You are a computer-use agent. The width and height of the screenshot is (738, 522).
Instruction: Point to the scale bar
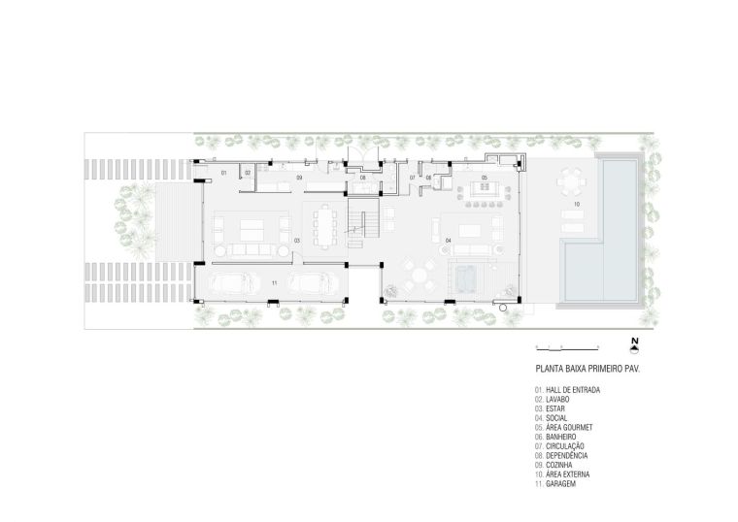coord(567,348)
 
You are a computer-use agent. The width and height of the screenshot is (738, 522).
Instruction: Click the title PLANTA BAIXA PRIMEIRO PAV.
coord(587,369)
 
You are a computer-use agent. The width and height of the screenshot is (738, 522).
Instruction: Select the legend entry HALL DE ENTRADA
coord(567,390)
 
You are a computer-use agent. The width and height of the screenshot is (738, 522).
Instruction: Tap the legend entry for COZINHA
coord(553,465)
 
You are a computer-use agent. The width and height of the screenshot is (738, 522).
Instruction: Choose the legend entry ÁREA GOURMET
coord(563,428)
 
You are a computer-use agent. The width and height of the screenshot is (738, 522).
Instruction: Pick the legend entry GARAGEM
coord(554,484)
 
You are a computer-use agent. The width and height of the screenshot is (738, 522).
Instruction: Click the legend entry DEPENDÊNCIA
coord(561,456)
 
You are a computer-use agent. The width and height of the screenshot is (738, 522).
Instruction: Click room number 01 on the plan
coord(224,173)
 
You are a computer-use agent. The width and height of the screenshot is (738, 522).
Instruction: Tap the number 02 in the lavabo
coord(248,173)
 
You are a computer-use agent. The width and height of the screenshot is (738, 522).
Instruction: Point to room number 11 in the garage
coord(275,283)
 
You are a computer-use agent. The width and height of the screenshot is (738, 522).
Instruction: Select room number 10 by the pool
coord(577,204)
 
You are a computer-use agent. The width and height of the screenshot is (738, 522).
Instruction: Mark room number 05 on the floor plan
coord(485,178)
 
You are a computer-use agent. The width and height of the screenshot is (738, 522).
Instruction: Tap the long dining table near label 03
coord(324,228)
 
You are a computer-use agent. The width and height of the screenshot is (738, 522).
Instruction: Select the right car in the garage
coord(313,283)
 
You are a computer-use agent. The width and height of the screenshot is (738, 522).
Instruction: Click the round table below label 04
coord(420,275)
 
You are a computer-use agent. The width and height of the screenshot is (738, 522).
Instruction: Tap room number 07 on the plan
coord(413,178)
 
